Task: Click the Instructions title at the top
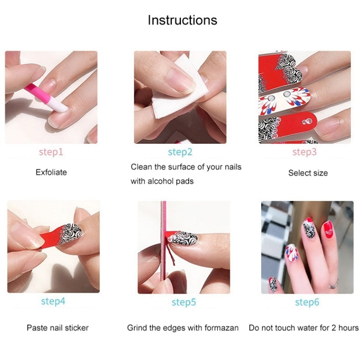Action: click(182, 20)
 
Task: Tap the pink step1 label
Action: click(51, 152)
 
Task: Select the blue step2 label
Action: click(180, 152)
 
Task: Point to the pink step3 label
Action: click(305, 152)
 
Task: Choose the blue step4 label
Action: click(53, 301)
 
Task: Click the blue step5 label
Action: click(184, 302)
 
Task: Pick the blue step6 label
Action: click(307, 302)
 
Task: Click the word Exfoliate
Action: click(51, 172)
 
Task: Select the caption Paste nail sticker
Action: click(58, 328)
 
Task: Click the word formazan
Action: click(222, 328)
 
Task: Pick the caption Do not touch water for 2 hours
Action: click(303, 328)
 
